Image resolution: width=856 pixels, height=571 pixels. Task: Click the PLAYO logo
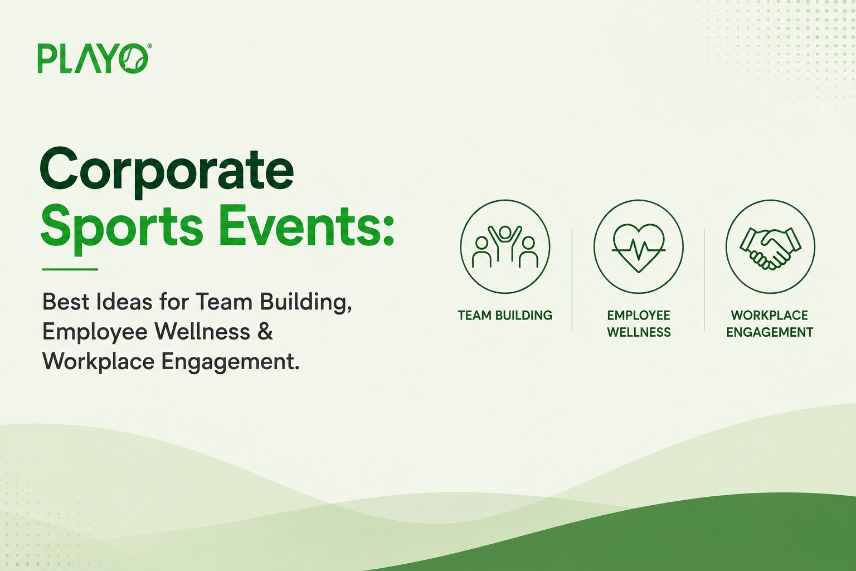click(x=94, y=58)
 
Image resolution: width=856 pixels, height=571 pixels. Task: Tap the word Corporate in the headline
click(x=167, y=172)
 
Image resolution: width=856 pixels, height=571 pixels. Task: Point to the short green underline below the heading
click(x=70, y=269)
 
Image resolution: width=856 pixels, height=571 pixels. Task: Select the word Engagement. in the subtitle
click(x=230, y=362)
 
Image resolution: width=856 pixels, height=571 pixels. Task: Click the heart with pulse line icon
click(x=639, y=246)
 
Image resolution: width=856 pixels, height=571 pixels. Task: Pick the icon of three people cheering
click(x=505, y=246)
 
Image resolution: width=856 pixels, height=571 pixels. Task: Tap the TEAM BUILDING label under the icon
click(x=505, y=316)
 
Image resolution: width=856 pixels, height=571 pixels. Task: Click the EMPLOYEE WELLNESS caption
click(x=639, y=324)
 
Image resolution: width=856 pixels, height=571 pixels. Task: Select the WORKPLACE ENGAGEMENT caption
click(x=770, y=324)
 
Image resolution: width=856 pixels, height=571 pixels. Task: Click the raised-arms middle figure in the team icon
click(x=505, y=243)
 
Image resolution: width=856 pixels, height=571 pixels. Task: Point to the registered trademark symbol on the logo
click(x=149, y=46)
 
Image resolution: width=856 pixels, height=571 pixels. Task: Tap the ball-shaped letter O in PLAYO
click(x=133, y=59)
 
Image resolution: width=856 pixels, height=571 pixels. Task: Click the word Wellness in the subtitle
click(x=202, y=331)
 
